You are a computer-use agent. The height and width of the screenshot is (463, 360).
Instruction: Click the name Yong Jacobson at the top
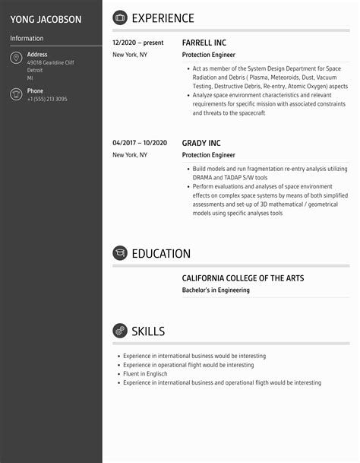(x=46, y=19)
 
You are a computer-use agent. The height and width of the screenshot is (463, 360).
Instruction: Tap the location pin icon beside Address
(x=16, y=59)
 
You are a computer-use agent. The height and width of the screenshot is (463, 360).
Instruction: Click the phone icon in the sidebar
(x=16, y=94)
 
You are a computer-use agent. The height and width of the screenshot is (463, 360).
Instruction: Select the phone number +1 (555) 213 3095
(x=47, y=100)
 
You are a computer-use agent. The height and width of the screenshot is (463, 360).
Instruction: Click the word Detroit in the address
(x=36, y=70)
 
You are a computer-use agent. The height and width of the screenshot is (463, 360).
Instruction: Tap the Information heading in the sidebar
(x=27, y=38)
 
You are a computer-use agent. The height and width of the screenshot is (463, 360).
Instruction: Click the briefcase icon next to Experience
(x=120, y=18)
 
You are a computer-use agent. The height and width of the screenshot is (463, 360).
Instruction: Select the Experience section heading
(x=163, y=18)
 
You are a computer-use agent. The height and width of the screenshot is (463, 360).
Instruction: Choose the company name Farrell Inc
(x=204, y=43)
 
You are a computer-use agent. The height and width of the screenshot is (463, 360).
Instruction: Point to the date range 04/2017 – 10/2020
(x=140, y=143)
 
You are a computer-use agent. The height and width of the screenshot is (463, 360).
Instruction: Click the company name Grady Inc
(x=201, y=143)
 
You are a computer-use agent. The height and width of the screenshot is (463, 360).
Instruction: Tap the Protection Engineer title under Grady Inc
(x=208, y=155)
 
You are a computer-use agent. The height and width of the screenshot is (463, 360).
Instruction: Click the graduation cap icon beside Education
(x=120, y=253)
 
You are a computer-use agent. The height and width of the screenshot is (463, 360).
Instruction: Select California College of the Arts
(x=242, y=278)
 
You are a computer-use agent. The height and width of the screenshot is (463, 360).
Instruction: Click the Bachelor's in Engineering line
(x=216, y=290)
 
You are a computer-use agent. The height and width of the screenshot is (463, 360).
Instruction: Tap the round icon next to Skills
(x=120, y=331)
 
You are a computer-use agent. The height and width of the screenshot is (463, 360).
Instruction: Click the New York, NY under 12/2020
(x=130, y=55)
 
